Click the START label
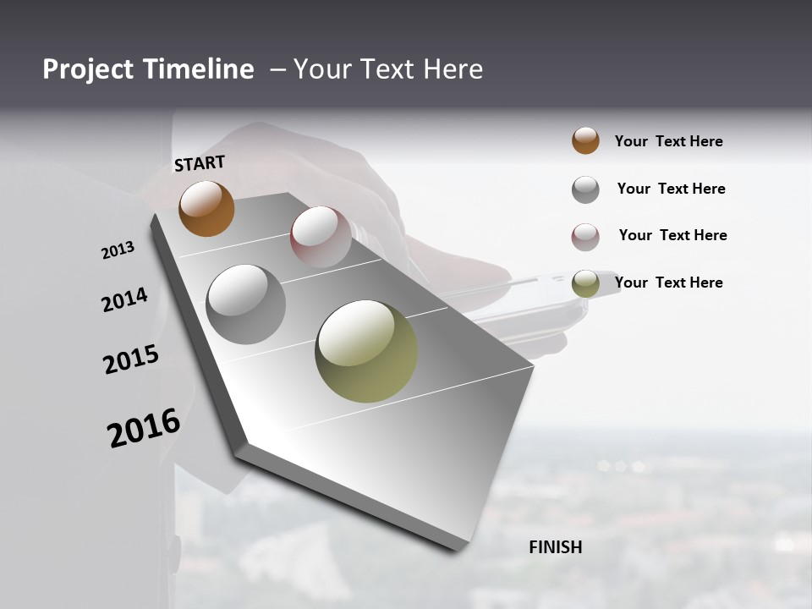tap(200, 163)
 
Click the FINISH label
tap(556, 547)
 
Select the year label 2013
tap(118, 250)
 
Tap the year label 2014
tap(124, 299)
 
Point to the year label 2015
tap(131, 359)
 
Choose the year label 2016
tap(144, 427)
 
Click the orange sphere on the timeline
tap(206, 208)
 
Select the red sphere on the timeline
tap(321, 237)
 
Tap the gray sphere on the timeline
tap(245, 304)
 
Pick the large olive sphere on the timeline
tap(366, 350)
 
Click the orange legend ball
tap(585, 140)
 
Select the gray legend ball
tap(585, 189)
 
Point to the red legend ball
tap(585, 237)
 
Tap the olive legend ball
tap(585, 284)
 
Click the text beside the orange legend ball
tap(668, 141)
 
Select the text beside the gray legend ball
tap(671, 189)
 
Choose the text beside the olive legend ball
tap(668, 283)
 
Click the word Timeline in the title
tap(199, 69)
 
